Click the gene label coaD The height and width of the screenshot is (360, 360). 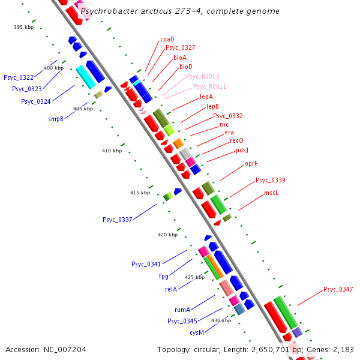[167, 39]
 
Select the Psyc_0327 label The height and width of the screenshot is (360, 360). [180, 47]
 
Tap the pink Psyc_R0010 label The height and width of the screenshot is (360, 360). [203, 76]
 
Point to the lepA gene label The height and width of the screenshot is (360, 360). [206, 97]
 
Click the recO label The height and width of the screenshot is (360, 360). [236, 140]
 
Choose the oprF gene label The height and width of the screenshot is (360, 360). [251, 163]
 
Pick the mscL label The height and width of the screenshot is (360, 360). [272, 193]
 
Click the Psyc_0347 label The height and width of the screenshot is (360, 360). [338, 289]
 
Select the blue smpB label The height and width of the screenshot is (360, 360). [56, 119]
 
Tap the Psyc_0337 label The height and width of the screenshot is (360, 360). [117, 220]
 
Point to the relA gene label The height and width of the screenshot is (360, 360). [171, 289]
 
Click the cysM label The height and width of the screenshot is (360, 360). [197, 332]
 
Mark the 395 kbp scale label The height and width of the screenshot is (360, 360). [24, 27]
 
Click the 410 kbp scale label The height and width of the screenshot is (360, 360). [112, 151]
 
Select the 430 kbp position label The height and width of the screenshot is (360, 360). [221, 320]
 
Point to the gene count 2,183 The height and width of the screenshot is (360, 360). [343, 349]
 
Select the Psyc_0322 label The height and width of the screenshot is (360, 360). [19, 77]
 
